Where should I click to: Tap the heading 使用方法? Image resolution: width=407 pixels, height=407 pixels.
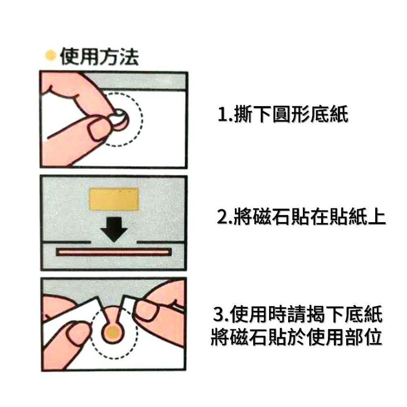[x=99, y=57]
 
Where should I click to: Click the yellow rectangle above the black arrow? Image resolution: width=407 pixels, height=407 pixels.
[x=114, y=199]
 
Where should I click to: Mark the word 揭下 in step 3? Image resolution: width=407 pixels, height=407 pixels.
[x=330, y=315]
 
